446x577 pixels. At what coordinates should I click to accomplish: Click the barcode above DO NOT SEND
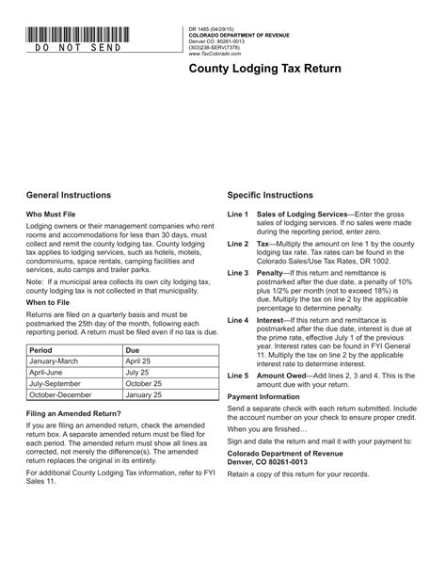pos(77,36)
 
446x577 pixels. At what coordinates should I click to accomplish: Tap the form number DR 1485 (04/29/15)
pos(215,30)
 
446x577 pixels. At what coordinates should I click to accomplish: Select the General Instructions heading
pos(69,195)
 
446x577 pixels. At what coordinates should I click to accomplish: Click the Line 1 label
pos(237,215)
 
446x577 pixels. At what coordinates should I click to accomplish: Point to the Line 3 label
pos(237,273)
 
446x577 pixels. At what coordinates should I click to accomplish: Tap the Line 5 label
pos(237,375)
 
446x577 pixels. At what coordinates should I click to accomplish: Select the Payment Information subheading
pos(270,397)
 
